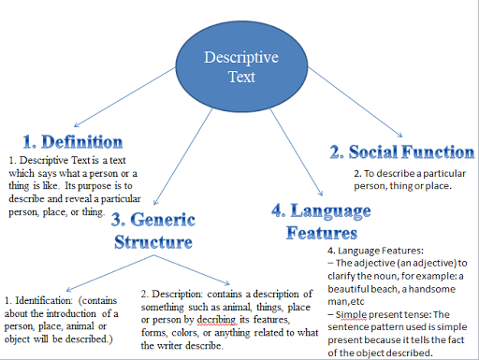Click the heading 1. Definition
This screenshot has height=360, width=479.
pyautogui.click(x=72, y=142)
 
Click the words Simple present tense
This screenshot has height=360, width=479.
pyautogui.click(x=379, y=315)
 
